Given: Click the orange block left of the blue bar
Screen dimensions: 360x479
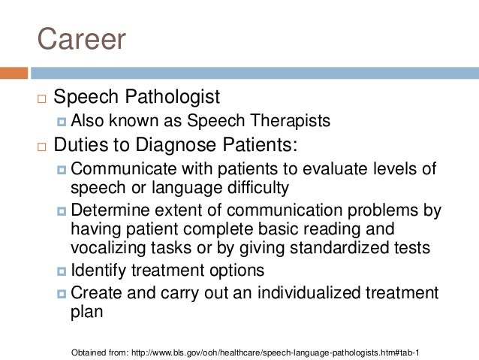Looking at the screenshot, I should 14,73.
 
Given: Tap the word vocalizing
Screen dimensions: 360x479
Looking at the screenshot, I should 106,249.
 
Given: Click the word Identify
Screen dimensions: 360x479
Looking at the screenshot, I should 96,270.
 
